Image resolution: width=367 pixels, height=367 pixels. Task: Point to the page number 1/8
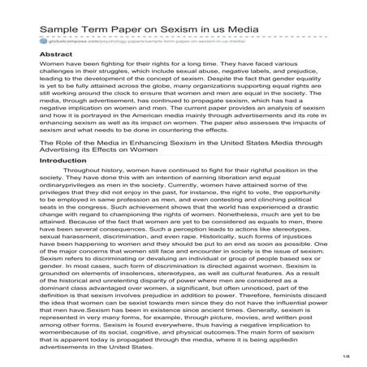348,355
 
